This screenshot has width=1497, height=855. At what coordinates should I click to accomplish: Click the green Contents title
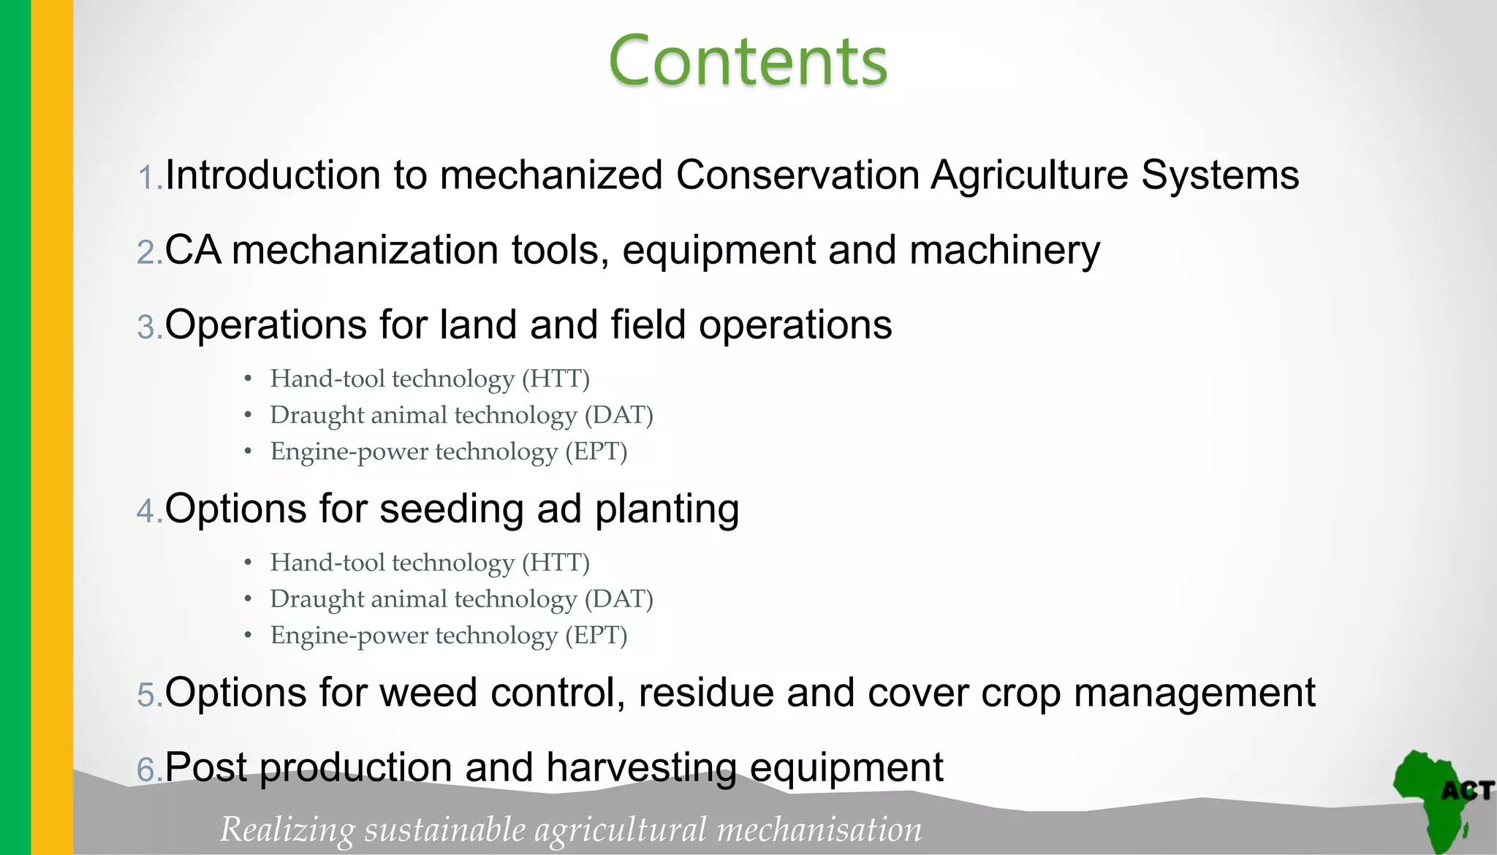[748, 61]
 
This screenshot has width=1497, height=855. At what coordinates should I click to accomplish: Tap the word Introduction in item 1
[273, 175]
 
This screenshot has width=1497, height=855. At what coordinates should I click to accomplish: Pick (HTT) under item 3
[556, 379]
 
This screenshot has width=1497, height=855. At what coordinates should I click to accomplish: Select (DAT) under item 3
[618, 415]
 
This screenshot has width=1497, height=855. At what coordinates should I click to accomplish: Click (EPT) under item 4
[596, 635]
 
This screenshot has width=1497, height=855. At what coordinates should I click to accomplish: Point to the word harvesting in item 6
[641, 768]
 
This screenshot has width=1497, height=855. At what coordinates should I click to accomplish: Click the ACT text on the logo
[1466, 791]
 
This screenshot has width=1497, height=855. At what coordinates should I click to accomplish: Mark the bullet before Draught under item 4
[249, 599]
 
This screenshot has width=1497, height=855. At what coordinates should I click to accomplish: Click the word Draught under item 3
[317, 415]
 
